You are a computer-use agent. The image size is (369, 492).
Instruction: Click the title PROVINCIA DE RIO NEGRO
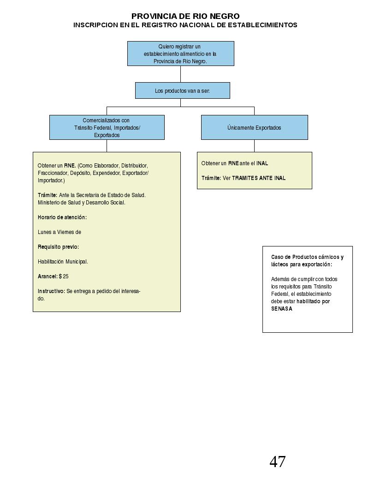tap(185, 16)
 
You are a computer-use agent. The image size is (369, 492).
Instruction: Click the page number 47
tap(278, 462)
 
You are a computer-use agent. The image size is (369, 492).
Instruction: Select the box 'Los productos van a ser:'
tap(183, 90)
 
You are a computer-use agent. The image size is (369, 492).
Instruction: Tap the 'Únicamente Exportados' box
tap(254, 127)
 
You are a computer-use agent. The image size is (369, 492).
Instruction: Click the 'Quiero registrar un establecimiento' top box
tap(181, 54)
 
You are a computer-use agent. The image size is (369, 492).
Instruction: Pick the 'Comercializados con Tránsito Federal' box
tap(107, 127)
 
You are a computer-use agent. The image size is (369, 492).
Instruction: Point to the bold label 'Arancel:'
tap(48, 276)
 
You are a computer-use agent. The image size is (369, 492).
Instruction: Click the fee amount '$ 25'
tap(64, 276)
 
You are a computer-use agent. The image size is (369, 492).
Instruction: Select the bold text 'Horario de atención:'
tap(62, 217)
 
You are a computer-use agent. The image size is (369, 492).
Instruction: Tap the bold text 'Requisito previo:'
tap(58, 247)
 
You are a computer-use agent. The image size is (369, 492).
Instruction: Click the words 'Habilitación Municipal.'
tap(63, 262)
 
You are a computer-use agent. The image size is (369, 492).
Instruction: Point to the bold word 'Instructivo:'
tap(51, 291)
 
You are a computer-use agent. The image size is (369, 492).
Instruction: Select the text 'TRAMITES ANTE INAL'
tap(259, 178)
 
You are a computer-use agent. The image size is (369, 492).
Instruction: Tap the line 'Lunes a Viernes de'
tap(59, 232)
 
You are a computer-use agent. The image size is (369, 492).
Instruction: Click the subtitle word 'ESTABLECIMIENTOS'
tap(262, 25)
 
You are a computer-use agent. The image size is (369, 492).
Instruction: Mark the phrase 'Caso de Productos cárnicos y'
tap(307, 257)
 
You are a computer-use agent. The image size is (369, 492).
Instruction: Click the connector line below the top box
tap(181, 74)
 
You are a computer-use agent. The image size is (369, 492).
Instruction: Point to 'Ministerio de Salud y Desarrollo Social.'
tap(82, 203)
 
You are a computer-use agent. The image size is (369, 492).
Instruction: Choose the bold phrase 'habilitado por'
tap(313, 301)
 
